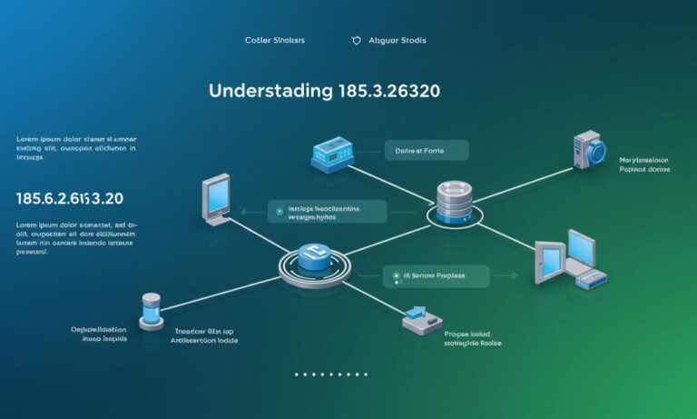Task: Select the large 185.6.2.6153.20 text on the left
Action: click(x=70, y=197)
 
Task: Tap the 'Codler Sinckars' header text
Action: click(x=275, y=41)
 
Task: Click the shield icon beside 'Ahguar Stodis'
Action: click(x=356, y=41)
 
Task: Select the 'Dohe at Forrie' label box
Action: click(x=426, y=151)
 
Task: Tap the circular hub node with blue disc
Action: click(x=314, y=264)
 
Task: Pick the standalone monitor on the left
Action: click(x=217, y=200)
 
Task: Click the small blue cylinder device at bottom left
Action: click(x=151, y=310)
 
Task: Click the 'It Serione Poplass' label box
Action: click(x=435, y=276)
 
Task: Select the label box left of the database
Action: click(x=326, y=213)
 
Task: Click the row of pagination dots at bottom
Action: click(x=330, y=374)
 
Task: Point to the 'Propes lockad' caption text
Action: click(x=473, y=334)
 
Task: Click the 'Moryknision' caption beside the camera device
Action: click(x=643, y=158)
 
